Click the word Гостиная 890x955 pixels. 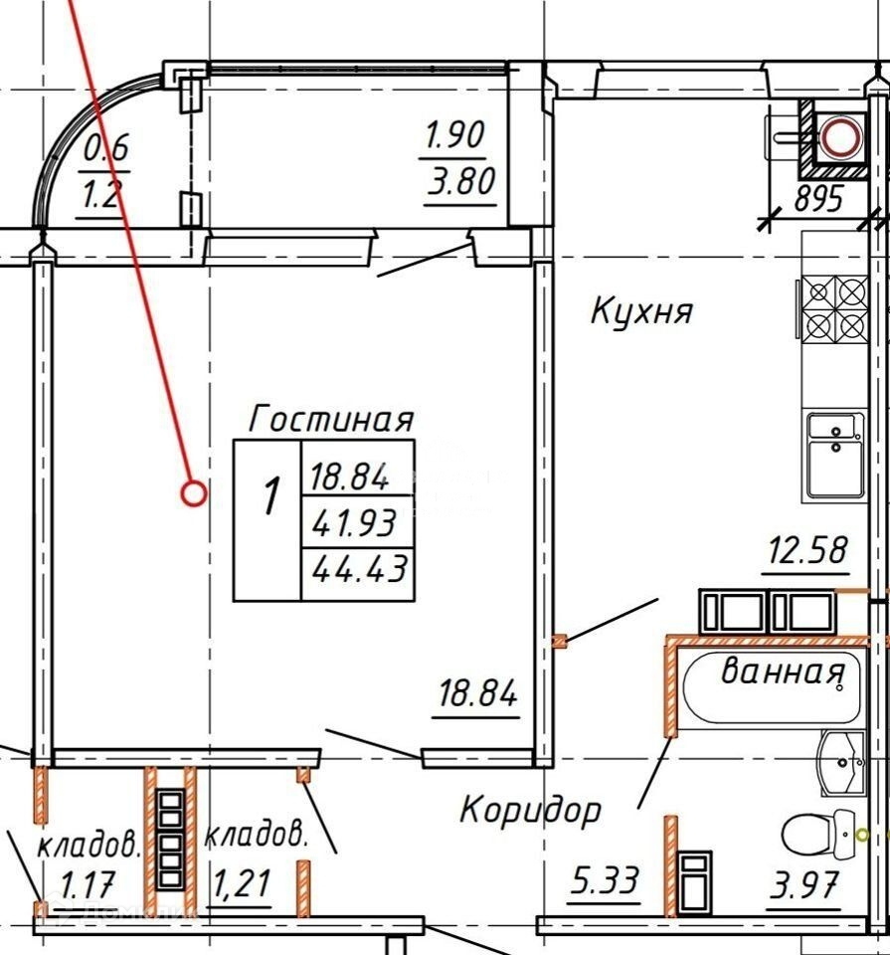[331, 418]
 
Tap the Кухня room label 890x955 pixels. [641, 312]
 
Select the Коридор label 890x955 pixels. [530, 810]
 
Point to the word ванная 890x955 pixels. [782, 672]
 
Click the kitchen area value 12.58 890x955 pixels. [806, 549]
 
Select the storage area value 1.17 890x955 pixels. [89, 881]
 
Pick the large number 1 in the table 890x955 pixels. [269, 494]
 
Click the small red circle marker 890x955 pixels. [194, 492]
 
